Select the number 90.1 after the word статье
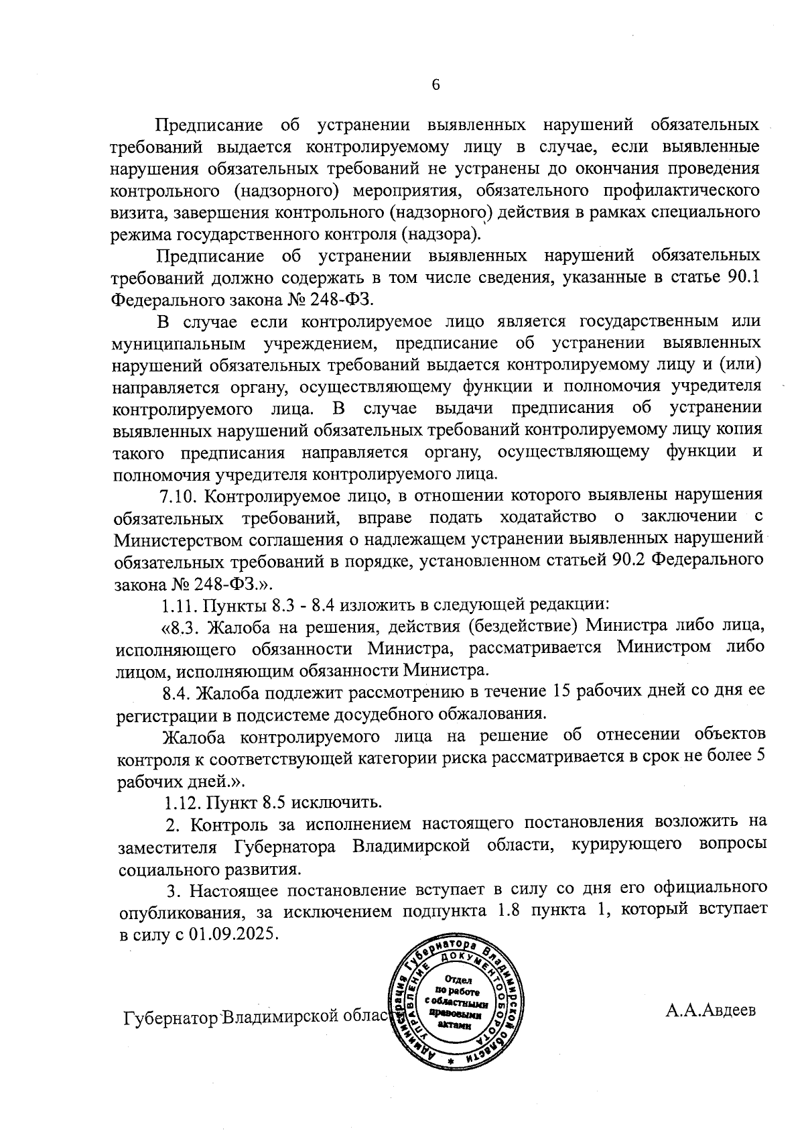(744, 277)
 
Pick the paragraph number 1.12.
(182, 802)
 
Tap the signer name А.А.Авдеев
(710, 1010)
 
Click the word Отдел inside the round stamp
(458, 980)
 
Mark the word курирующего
(620, 846)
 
